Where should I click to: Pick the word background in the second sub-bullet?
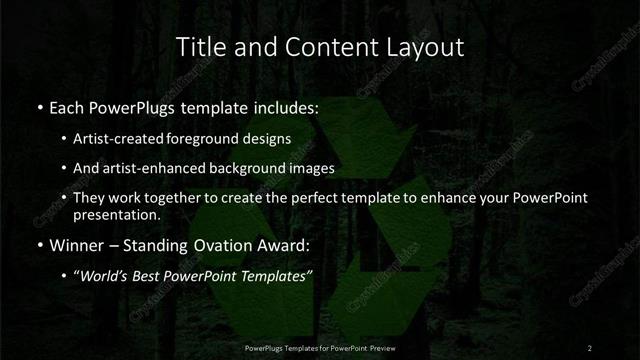coord(254,168)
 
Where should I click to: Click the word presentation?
coord(116,215)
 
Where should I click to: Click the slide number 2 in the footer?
coord(590,348)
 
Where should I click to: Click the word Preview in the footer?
coord(381,348)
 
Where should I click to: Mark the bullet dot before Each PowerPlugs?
coord(39,107)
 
